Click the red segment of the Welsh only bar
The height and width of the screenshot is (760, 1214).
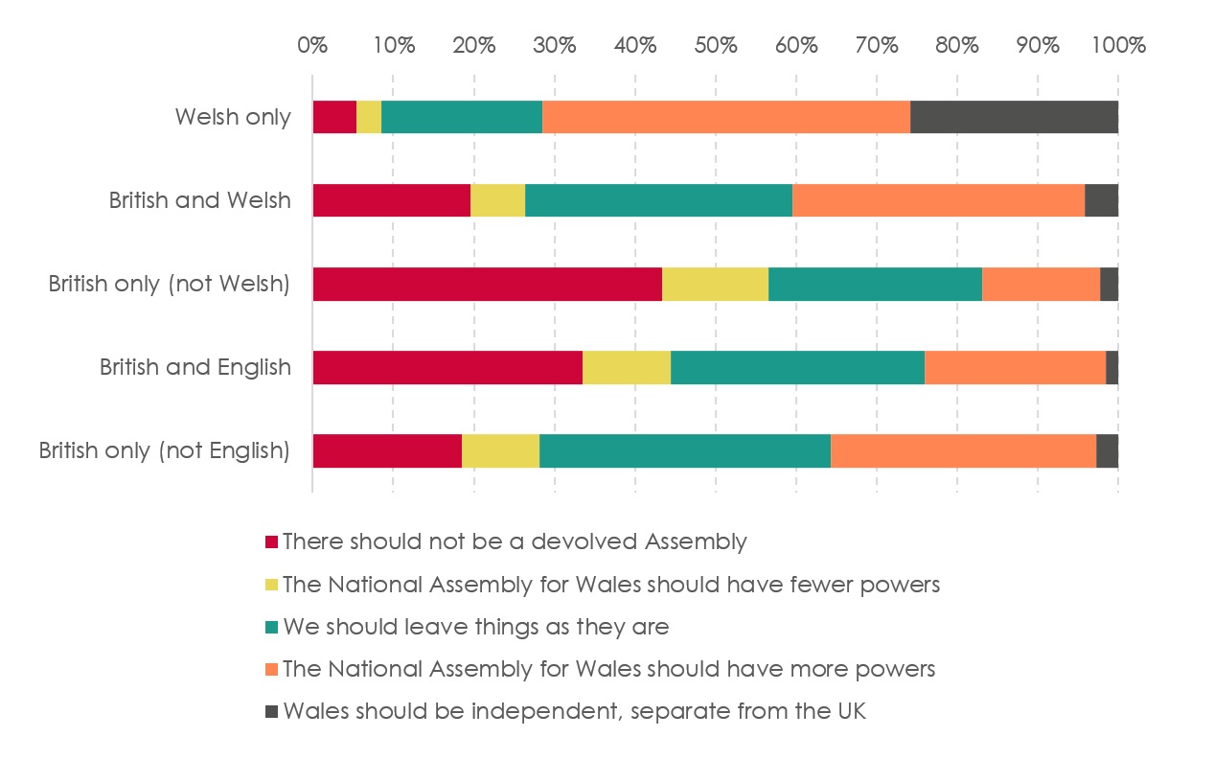pyautogui.click(x=334, y=117)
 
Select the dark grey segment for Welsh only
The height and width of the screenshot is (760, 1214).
pyautogui.click(x=1014, y=117)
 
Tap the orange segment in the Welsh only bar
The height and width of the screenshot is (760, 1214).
pyautogui.click(x=725, y=117)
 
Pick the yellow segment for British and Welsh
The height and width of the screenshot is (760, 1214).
pyautogui.click(x=497, y=200)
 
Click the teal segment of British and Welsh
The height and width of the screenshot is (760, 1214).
pyautogui.click(x=658, y=200)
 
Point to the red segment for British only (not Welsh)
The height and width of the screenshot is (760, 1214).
pyautogui.click(x=487, y=284)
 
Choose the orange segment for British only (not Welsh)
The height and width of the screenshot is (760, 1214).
pyautogui.click(x=1041, y=284)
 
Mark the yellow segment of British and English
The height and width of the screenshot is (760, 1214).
pyautogui.click(x=627, y=367)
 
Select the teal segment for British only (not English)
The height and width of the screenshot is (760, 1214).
pyautogui.click(x=685, y=450)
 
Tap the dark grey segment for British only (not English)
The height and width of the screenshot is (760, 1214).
pyautogui.click(x=1107, y=450)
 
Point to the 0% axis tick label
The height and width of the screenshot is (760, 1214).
pyautogui.click(x=312, y=45)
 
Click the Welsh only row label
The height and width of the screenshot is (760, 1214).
pyautogui.click(x=233, y=118)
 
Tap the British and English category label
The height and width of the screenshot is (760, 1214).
pyautogui.click(x=195, y=368)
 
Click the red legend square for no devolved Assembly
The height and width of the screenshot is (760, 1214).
pyautogui.click(x=271, y=542)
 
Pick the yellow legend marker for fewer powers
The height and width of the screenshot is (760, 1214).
pyautogui.click(x=271, y=585)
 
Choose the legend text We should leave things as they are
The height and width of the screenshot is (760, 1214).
pyautogui.click(x=475, y=627)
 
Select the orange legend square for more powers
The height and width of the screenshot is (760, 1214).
pyautogui.click(x=271, y=669)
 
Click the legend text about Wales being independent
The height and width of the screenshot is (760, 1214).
pyautogui.click(x=574, y=711)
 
